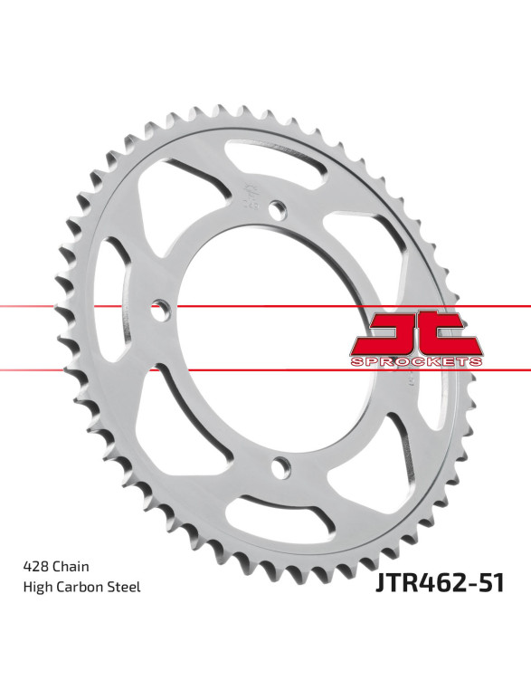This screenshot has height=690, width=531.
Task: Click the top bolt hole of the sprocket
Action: (277, 208)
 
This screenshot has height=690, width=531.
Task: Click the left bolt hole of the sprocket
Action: (160, 310)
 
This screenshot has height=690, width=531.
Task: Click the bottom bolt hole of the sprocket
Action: (280, 467)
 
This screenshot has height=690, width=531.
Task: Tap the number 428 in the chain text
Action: (35, 566)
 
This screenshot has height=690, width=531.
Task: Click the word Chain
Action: (71, 566)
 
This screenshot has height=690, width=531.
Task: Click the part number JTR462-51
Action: (440, 582)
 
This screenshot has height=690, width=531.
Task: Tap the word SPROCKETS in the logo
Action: (416, 361)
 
